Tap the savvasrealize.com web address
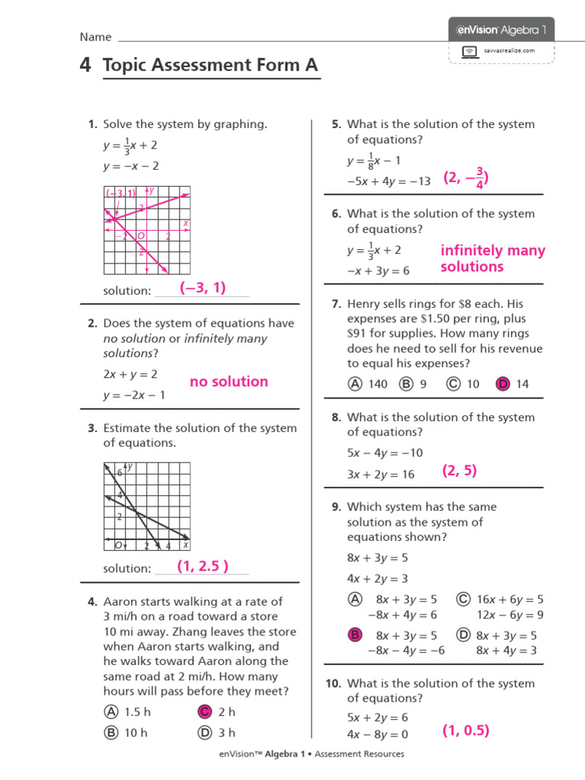510,50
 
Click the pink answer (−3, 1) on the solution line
203,287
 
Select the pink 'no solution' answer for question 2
229,382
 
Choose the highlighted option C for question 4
203,712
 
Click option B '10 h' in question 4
111,733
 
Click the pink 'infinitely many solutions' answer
492,258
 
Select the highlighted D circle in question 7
503,385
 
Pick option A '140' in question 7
355,385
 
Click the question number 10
334,683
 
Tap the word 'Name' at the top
95,37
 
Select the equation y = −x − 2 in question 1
131,166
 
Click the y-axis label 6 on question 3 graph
119,473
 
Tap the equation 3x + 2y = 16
381,474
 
